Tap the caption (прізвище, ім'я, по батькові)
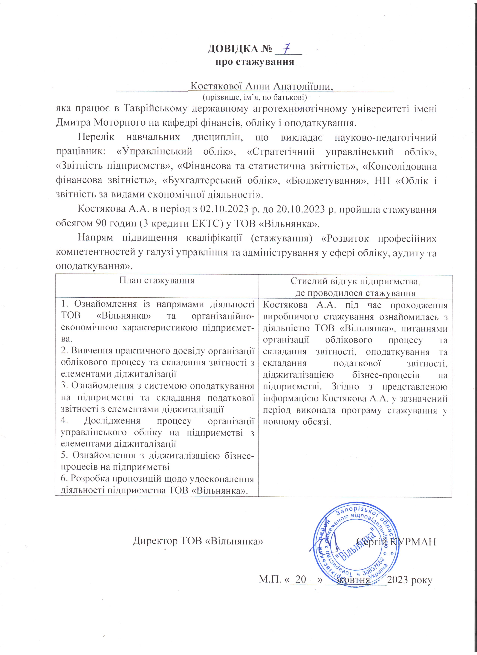[255, 97]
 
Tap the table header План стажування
[157, 280]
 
